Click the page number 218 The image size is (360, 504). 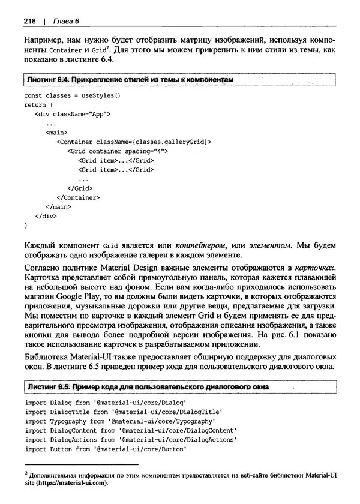tap(29, 22)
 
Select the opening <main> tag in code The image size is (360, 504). tap(56, 133)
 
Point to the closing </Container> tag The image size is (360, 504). tap(78, 197)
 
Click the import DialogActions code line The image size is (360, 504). tap(131, 440)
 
